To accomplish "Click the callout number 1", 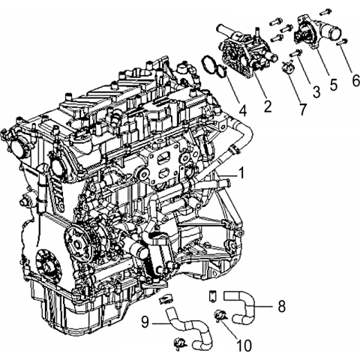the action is pyautogui.click(x=241, y=173).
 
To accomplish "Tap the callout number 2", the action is pyautogui.click(x=267, y=106).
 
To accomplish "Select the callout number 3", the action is pyautogui.click(x=316, y=91).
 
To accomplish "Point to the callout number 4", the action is pyautogui.click(x=242, y=110).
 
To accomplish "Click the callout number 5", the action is pyautogui.click(x=334, y=84).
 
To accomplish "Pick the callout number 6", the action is pyautogui.click(x=355, y=80).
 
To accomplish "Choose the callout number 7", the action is pyautogui.click(x=302, y=109).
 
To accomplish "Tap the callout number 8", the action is pyautogui.click(x=282, y=306).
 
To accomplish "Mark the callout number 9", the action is pyautogui.click(x=145, y=322).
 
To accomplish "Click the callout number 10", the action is pyautogui.click(x=244, y=346).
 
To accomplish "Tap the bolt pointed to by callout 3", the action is pyautogui.click(x=296, y=52).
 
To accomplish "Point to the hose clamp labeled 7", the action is pyautogui.click(x=287, y=67).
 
